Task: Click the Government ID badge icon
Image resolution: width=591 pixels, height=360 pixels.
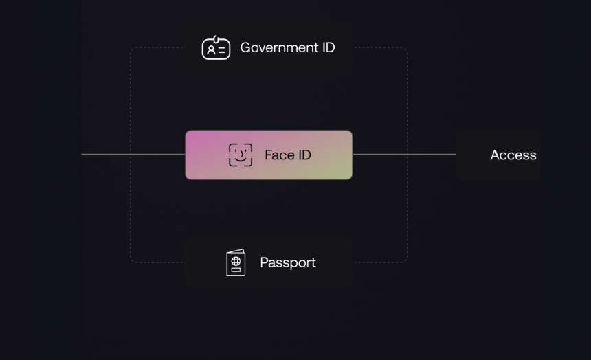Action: click(x=216, y=48)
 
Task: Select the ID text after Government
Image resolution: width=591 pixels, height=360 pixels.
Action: click(x=328, y=47)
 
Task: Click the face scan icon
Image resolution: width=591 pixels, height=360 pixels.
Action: click(x=241, y=155)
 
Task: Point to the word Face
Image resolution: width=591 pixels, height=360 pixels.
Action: click(x=280, y=155)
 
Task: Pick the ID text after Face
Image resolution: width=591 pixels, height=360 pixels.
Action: click(x=304, y=155)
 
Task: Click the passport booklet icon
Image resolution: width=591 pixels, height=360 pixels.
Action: click(x=236, y=262)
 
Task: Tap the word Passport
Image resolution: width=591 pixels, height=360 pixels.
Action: click(x=288, y=262)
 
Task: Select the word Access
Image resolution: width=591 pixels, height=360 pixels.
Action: click(x=513, y=155)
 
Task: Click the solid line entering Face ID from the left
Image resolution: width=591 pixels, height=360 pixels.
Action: click(x=133, y=154)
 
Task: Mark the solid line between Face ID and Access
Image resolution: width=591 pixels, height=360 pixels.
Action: click(x=405, y=154)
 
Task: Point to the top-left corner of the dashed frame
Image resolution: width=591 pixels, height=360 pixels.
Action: click(x=131, y=47)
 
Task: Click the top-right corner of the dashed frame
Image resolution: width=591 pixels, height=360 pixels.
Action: click(x=407, y=47)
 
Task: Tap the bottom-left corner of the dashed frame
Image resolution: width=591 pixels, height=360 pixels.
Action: click(x=131, y=262)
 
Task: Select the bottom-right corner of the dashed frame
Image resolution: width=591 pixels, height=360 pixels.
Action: click(x=407, y=262)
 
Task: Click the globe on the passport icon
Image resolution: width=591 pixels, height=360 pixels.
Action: click(x=236, y=261)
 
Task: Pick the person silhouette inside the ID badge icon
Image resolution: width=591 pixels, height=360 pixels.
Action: click(x=211, y=50)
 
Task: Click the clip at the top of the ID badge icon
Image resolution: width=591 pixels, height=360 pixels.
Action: click(x=216, y=39)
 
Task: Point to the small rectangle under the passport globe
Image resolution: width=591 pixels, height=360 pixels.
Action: click(x=236, y=269)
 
